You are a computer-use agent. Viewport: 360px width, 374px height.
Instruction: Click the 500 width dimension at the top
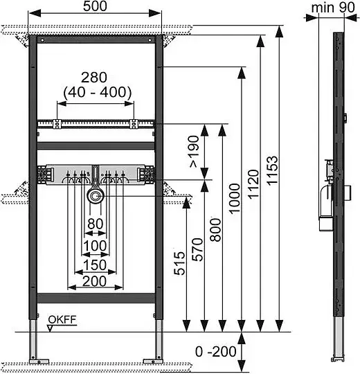[x=95, y=6]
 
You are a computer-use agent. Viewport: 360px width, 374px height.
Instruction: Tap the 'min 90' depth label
[x=333, y=8]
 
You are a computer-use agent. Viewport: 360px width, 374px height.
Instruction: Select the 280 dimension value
[x=94, y=78]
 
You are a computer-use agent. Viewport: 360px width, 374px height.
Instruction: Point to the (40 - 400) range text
[x=98, y=92]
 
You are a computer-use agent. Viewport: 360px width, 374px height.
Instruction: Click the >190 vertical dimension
[x=193, y=152]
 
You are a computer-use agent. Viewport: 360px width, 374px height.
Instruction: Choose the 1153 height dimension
[x=272, y=170]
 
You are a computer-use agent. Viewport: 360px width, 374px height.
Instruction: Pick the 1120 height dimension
[x=253, y=184]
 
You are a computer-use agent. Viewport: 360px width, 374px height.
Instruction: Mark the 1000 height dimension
[x=235, y=198]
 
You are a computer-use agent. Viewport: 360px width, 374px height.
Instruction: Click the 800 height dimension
[x=216, y=230]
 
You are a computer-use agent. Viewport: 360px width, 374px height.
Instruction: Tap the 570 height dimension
[x=197, y=249]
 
